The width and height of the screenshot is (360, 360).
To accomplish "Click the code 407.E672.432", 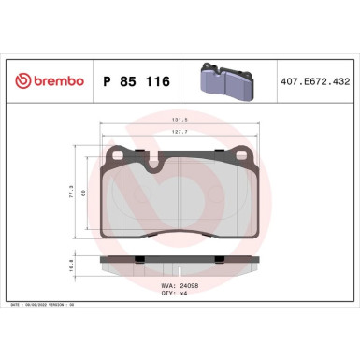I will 312,81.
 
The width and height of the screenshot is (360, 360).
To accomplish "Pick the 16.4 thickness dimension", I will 71,266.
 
